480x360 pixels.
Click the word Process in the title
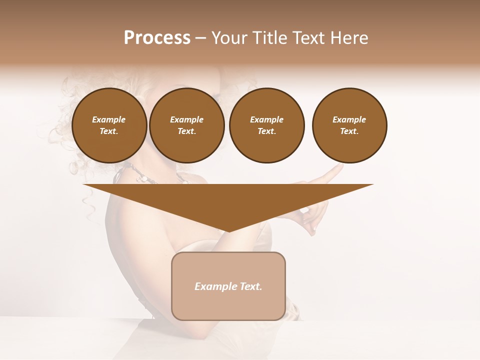tap(157, 38)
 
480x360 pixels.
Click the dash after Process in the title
tap(200, 39)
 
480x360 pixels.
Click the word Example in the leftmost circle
tap(109, 119)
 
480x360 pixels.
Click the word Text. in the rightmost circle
tap(349, 131)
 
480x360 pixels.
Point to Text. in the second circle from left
tap(186, 131)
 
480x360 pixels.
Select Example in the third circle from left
tap(266, 119)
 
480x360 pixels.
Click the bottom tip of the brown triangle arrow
tap(228, 230)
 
